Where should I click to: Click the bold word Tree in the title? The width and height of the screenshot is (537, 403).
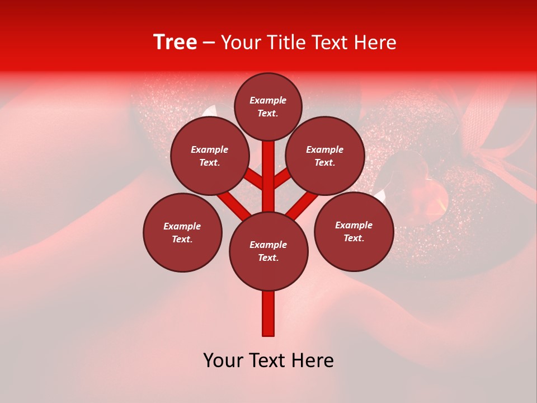(175, 43)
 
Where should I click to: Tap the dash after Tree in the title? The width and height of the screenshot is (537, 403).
(209, 43)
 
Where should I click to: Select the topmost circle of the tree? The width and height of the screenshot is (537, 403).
(268, 106)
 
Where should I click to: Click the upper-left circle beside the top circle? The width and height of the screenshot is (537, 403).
(210, 156)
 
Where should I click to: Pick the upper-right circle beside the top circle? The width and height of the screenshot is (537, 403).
(325, 156)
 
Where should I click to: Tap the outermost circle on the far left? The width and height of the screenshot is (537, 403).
(182, 232)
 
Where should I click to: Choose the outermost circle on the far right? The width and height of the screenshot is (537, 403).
(354, 231)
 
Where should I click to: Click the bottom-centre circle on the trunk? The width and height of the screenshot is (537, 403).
(268, 251)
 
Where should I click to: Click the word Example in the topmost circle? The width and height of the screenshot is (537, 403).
(268, 100)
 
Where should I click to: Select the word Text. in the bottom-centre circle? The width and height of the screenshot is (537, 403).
(268, 258)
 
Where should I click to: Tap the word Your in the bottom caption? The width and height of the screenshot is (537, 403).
(223, 360)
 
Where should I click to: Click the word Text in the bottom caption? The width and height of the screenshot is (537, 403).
(268, 360)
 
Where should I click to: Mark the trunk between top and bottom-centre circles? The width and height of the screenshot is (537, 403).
(268, 176)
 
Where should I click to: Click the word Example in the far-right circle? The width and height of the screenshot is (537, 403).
(354, 225)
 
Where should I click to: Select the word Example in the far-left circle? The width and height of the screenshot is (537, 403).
(182, 226)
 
